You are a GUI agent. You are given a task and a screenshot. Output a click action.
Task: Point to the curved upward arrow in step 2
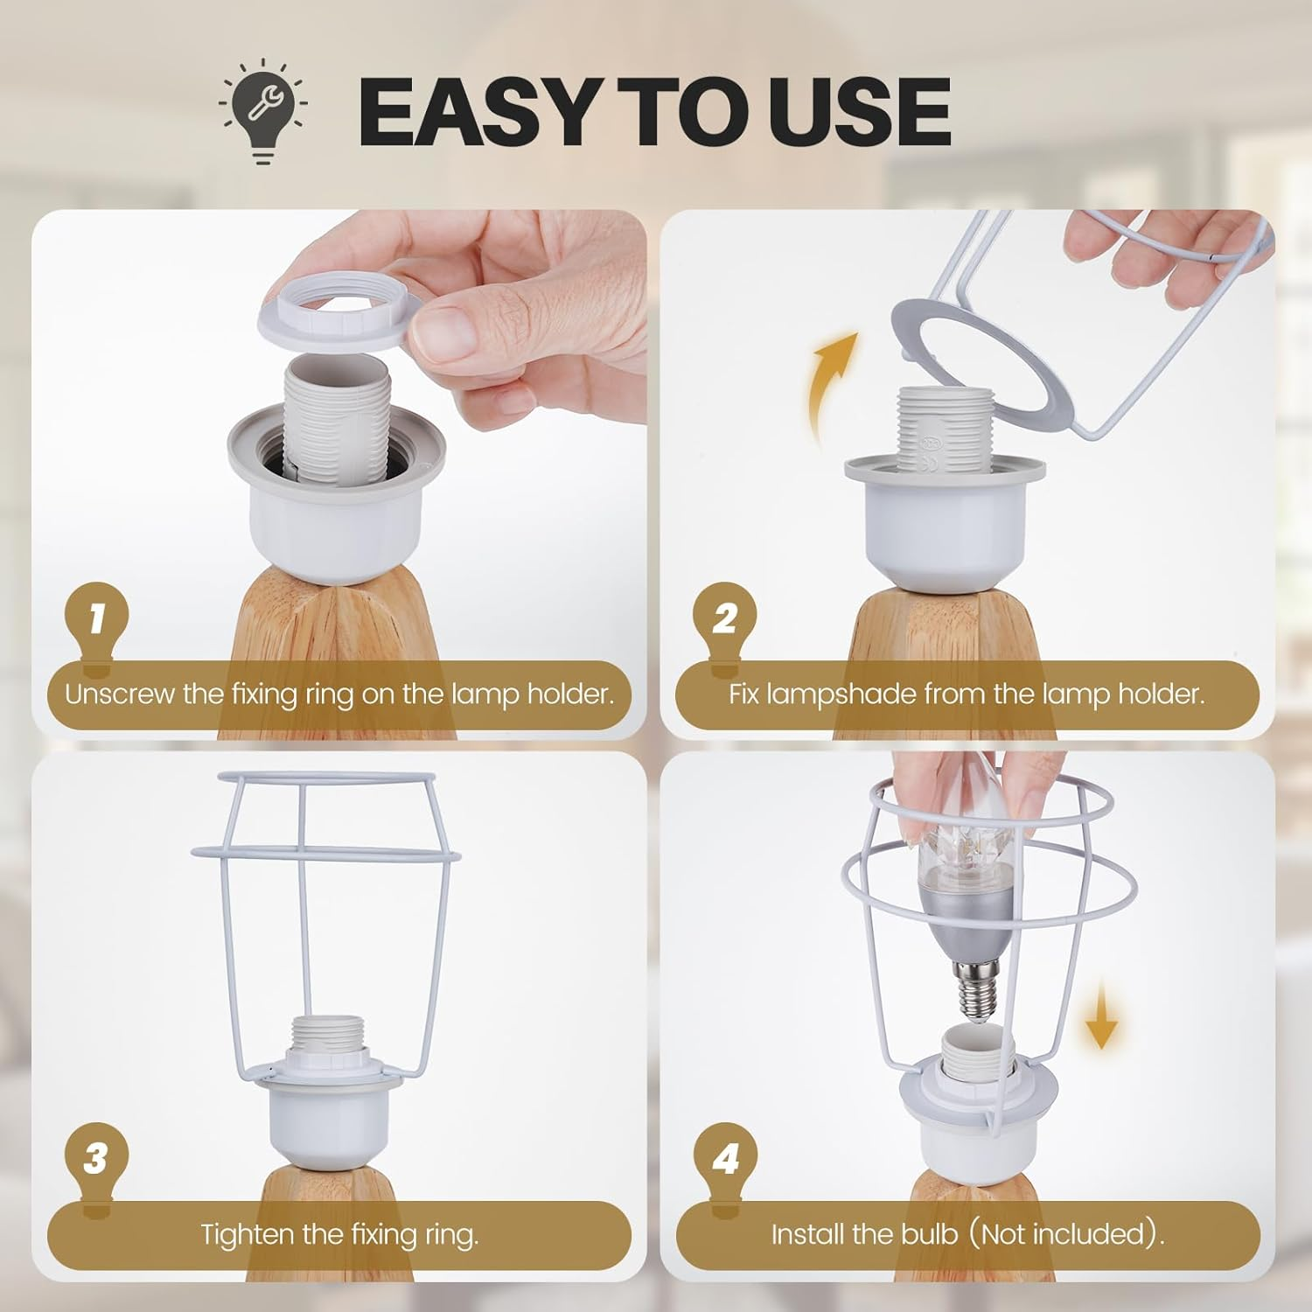[831, 385]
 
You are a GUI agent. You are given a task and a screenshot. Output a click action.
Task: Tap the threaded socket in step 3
[336, 1037]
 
